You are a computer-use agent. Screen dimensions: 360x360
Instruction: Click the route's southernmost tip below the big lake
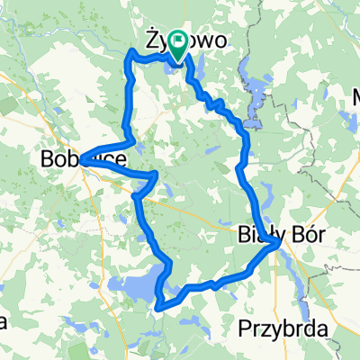[x=158, y=308]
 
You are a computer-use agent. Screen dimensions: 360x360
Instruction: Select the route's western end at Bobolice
[x=81, y=162]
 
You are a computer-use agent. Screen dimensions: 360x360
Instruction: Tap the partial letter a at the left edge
[x=4, y=321]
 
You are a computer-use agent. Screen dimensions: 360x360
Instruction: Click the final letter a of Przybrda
[x=321, y=329]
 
